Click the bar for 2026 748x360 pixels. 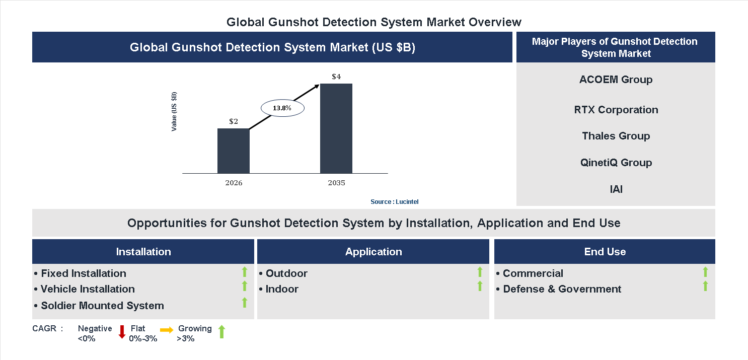click(x=233, y=151)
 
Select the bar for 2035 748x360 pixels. click(x=336, y=128)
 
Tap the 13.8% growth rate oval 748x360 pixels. click(x=282, y=108)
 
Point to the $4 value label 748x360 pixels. click(x=336, y=77)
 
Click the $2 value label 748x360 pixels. click(x=234, y=121)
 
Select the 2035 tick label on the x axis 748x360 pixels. click(x=336, y=183)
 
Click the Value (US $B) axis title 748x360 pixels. click(x=174, y=112)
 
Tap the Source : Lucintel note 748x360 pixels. click(x=394, y=201)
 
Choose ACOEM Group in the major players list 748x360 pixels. click(x=616, y=80)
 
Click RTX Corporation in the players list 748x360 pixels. click(x=616, y=110)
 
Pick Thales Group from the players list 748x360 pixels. click(x=616, y=136)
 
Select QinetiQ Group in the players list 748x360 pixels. click(x=616, y=163)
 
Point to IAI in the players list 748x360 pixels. click(x=616, y=189)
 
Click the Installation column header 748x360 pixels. click(x=143, y=252)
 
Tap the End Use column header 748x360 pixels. click(x=605, y=252)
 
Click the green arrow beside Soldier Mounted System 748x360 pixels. click(x=245, y=303)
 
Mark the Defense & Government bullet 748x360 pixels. click(x=562, y=289)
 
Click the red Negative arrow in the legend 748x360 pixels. click(x=122, y=332)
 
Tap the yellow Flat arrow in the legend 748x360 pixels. click(x=167, y=330)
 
